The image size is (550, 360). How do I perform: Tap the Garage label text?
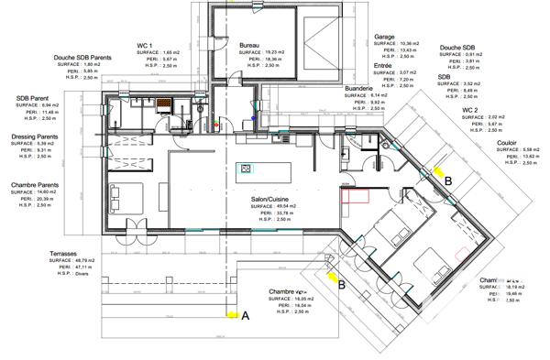(384, 38)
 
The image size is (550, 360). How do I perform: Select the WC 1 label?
(144, 45)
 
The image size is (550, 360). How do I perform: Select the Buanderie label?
(358, 89)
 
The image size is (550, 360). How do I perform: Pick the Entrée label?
(384, 66)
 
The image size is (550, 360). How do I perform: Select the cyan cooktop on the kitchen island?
(246, 168)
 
